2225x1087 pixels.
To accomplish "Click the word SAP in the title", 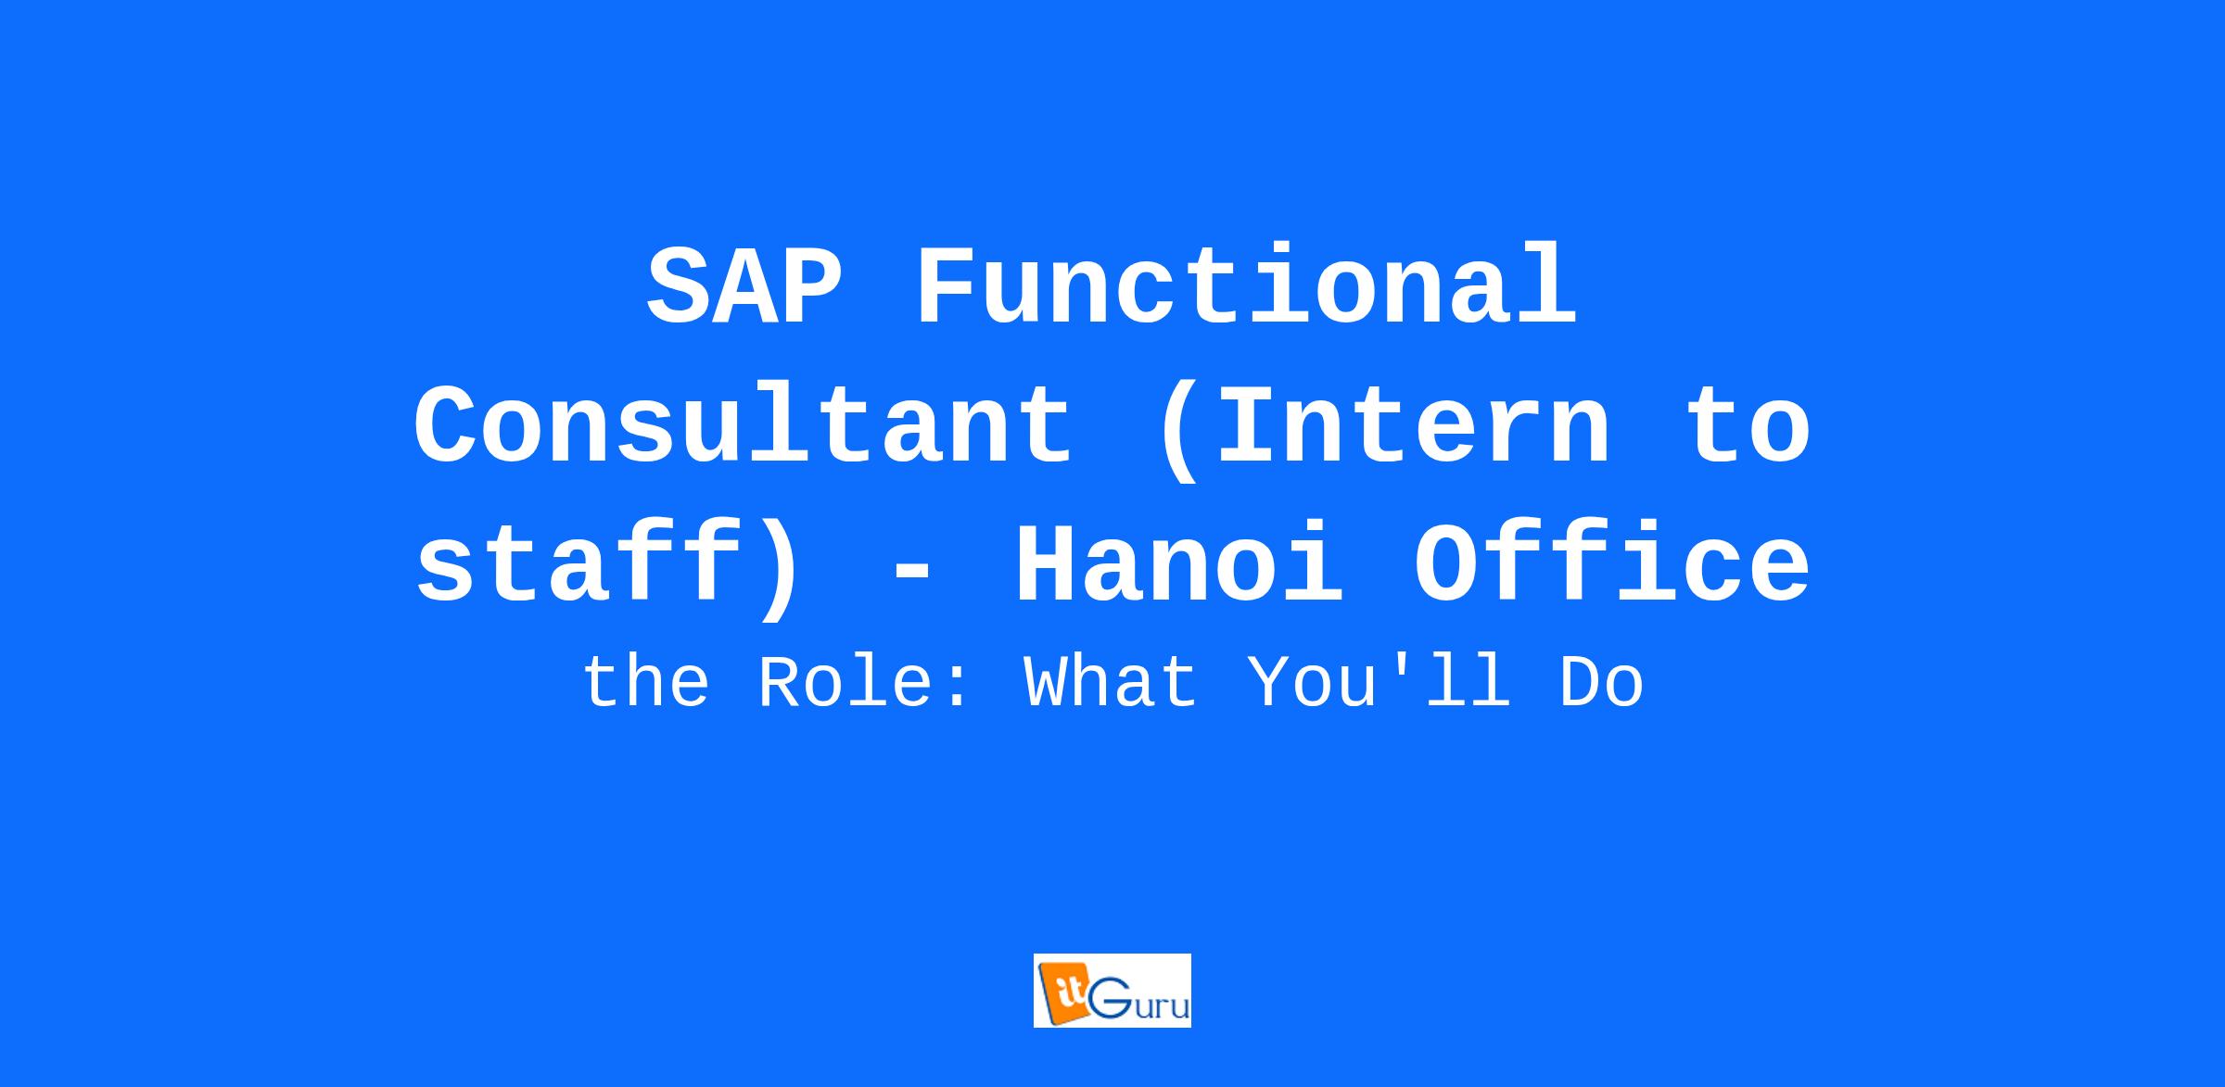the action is [x=744, y=286].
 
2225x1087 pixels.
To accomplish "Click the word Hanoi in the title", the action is [x=1179, y=564].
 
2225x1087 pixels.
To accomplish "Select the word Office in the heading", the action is [x=1611, y=564].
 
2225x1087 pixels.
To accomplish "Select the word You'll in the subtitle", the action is [x=1379, y=683].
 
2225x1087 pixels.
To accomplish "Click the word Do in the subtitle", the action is [x=1602, y=683].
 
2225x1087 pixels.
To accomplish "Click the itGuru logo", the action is [x=1112, y=991].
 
